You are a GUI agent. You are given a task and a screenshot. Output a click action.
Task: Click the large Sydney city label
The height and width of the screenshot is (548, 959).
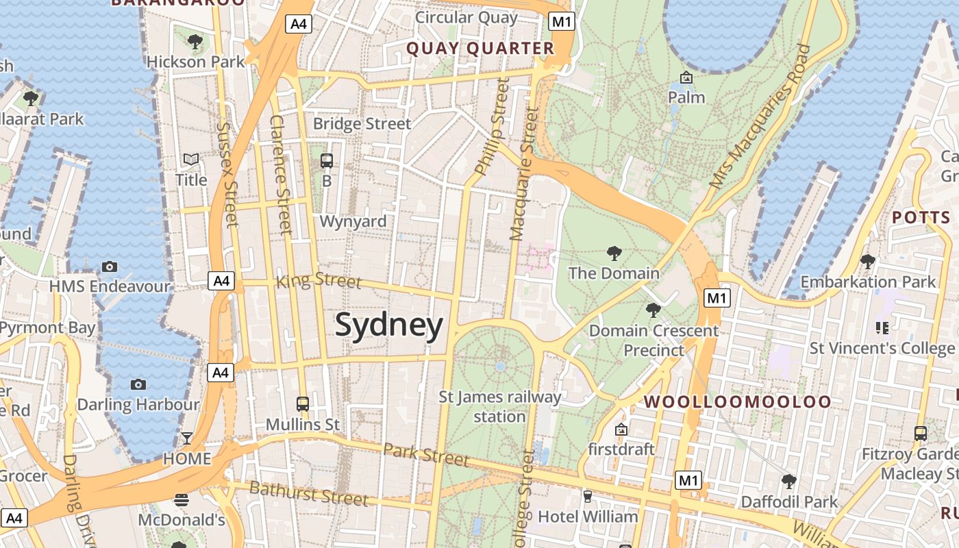[388, 325]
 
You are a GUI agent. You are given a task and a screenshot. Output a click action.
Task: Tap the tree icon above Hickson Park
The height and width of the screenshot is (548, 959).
[195, 42]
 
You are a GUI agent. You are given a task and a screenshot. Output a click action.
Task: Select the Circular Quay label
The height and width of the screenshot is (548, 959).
[466, 17]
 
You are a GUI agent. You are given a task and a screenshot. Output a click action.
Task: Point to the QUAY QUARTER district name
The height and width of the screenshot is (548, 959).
[480, 49]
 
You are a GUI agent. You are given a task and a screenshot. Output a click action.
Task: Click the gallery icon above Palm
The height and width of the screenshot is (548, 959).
[686, 77]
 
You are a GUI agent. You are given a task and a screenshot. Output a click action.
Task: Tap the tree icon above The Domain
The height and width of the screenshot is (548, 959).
[614, 253]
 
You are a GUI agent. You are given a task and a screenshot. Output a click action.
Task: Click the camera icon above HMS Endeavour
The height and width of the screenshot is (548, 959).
[110, 266]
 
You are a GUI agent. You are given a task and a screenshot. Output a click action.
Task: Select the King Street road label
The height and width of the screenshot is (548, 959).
[319, 281]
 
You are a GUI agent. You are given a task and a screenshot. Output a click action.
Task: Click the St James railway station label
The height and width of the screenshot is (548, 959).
[500, 406]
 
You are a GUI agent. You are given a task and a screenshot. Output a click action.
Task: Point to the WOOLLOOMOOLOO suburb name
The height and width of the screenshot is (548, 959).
[738, 402]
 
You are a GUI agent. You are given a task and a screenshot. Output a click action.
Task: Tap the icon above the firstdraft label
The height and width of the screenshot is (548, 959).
[621, 429]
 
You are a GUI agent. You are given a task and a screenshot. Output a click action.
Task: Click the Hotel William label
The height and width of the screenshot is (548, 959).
[588, 516]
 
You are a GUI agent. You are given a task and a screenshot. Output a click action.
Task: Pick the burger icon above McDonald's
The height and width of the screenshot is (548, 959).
[182, 500]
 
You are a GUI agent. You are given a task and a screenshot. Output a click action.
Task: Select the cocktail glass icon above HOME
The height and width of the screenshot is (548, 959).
[186, 438]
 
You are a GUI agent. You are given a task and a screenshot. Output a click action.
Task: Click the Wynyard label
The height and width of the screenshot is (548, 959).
[353, 221]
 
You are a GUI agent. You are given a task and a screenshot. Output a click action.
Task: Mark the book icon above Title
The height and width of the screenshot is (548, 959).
[191, 160]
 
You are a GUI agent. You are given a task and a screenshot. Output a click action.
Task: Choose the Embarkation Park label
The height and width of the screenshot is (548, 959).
[868, 282]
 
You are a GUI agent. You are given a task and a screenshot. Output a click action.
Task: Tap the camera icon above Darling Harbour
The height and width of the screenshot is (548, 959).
[138, 384]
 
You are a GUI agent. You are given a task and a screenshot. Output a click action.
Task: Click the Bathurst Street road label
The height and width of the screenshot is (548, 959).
[308, 493]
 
